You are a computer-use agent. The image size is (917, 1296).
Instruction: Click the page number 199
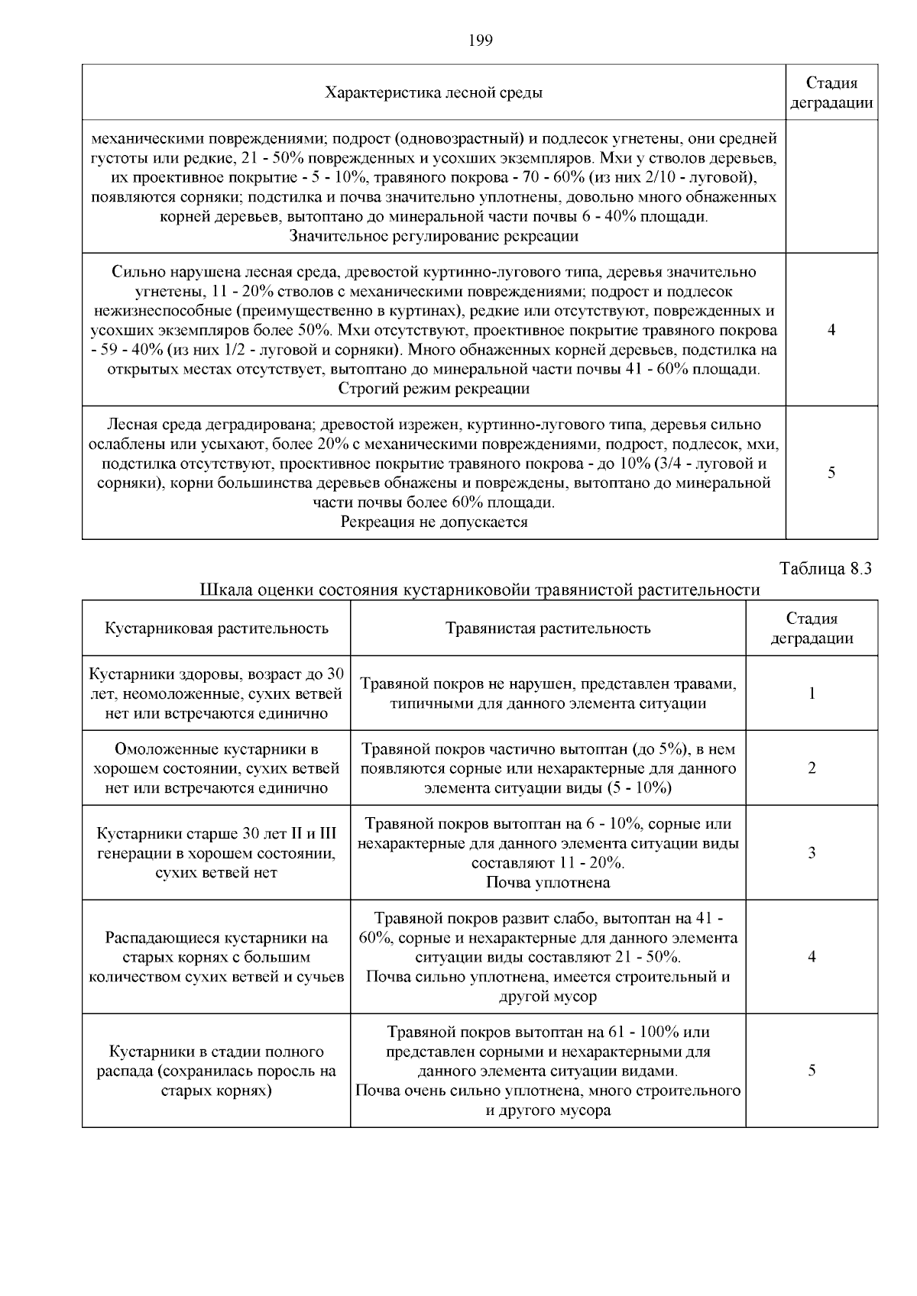pyautogui.click(x=480, y=40)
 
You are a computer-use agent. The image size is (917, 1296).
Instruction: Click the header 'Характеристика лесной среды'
pyautogui.click(x=434, y=93)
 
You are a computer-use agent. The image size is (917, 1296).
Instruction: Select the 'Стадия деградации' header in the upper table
pyautogui.click(x=831, y=93)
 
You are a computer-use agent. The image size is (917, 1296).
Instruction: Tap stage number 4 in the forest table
pyautogui.click(x=831, y=330)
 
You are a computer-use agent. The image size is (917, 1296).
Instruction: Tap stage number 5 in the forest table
pyautogui.click(x=831, y=473)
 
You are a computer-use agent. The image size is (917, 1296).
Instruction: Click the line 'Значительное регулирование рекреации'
pyautogui.click(x=434, y=237)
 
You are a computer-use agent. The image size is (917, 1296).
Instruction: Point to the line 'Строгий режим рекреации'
pyautogui.click(x=434, y=389)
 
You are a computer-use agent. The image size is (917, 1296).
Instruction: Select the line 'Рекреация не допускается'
pyautogui.click(x=434, y=522)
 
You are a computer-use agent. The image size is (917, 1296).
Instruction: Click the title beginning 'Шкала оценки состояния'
pyautogui.click(x=480, y=590)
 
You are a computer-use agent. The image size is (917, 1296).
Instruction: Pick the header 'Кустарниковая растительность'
pyautogui.click(x=216, y=629)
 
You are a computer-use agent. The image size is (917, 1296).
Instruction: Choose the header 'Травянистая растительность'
pyautogui.click(x=548, y=629)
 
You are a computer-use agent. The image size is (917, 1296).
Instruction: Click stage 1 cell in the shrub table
pyautogui.click(x=812, y=693)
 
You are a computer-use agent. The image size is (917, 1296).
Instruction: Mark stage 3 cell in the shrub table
pyautogui.click(x=812, y=853)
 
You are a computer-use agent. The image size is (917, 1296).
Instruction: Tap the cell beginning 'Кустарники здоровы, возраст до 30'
pyautogui.click(x=216, y=693)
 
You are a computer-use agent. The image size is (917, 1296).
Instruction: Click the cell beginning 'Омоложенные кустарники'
pyautogui.click(x=216, y=768)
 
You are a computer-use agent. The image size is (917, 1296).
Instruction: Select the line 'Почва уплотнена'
pyautogui.click(x=548, y=883)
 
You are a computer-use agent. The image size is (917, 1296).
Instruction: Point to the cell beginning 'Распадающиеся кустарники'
pyautogui.click(x=216, y=957)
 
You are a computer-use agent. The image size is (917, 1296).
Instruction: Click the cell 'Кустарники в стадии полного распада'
pyautogui.click(x=216, y=1071)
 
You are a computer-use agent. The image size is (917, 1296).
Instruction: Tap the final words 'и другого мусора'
pyautogui.click(x=548, y=1110)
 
